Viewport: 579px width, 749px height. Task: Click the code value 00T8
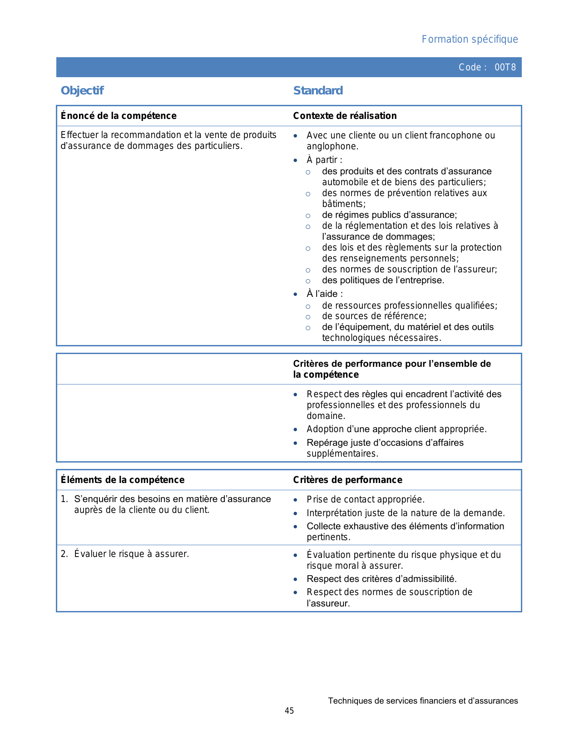(505, 68)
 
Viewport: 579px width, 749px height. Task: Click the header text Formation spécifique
(470, 39)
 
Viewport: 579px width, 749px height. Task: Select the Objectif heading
(82, 91)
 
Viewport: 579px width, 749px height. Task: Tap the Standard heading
(318, 91)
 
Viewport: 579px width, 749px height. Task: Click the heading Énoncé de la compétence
(119, 116)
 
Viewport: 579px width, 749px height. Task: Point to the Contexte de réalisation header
(345, 116)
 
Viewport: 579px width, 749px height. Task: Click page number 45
(289, 711)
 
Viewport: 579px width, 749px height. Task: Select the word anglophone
(332, 146)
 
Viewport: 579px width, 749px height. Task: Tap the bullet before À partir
(296, 160)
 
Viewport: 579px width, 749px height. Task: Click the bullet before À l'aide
(296, 294)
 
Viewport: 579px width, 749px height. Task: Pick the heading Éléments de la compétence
(123, 480)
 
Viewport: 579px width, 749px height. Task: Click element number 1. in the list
(64, 499)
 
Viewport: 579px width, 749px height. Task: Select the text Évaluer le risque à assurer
(131, 554)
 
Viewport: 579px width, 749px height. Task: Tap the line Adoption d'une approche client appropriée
(396, 429)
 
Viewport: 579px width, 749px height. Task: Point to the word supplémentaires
(342, 453)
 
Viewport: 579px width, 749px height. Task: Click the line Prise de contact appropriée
(366, 499)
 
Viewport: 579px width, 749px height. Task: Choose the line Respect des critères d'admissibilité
(381, 579)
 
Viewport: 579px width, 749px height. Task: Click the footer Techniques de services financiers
(423, 701)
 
